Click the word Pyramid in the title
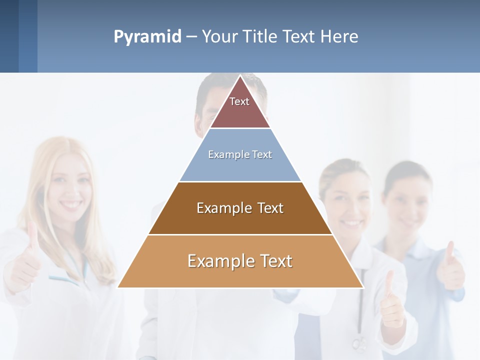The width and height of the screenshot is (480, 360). point(147,37)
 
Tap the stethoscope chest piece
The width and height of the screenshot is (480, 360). point(358,343)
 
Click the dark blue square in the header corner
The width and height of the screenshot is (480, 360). point(9,36)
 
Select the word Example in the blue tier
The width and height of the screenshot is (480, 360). point(224,155)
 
